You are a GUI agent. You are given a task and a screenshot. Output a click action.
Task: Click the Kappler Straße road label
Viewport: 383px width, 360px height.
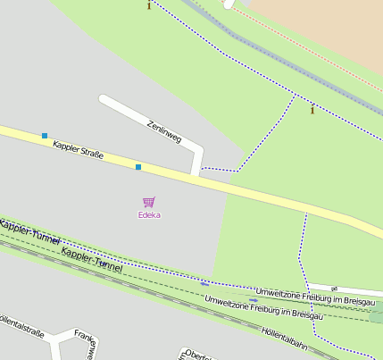[78, 149]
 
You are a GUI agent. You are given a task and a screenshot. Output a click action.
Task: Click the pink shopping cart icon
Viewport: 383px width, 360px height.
[148, 203]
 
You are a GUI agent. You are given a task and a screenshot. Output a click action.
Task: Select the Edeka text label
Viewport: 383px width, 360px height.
[149, 215]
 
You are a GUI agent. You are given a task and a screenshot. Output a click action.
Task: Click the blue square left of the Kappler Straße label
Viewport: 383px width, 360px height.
[44, 136]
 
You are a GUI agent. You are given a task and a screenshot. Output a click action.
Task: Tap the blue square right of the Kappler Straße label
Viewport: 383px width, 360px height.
[138, 167]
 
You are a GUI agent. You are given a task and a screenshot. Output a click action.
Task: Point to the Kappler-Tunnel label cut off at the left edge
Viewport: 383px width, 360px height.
[29, 231]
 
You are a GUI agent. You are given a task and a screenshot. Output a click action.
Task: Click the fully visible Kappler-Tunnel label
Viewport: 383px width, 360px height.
[92, 260]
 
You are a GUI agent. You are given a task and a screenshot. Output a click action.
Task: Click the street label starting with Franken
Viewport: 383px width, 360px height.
[85, 344]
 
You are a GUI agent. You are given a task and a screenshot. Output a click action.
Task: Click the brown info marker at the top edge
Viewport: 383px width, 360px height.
[148, 5]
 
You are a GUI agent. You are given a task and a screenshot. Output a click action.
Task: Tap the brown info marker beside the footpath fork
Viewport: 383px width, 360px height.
[312, 110]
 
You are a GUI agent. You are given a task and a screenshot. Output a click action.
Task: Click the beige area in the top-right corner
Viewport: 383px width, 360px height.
[330, 27]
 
